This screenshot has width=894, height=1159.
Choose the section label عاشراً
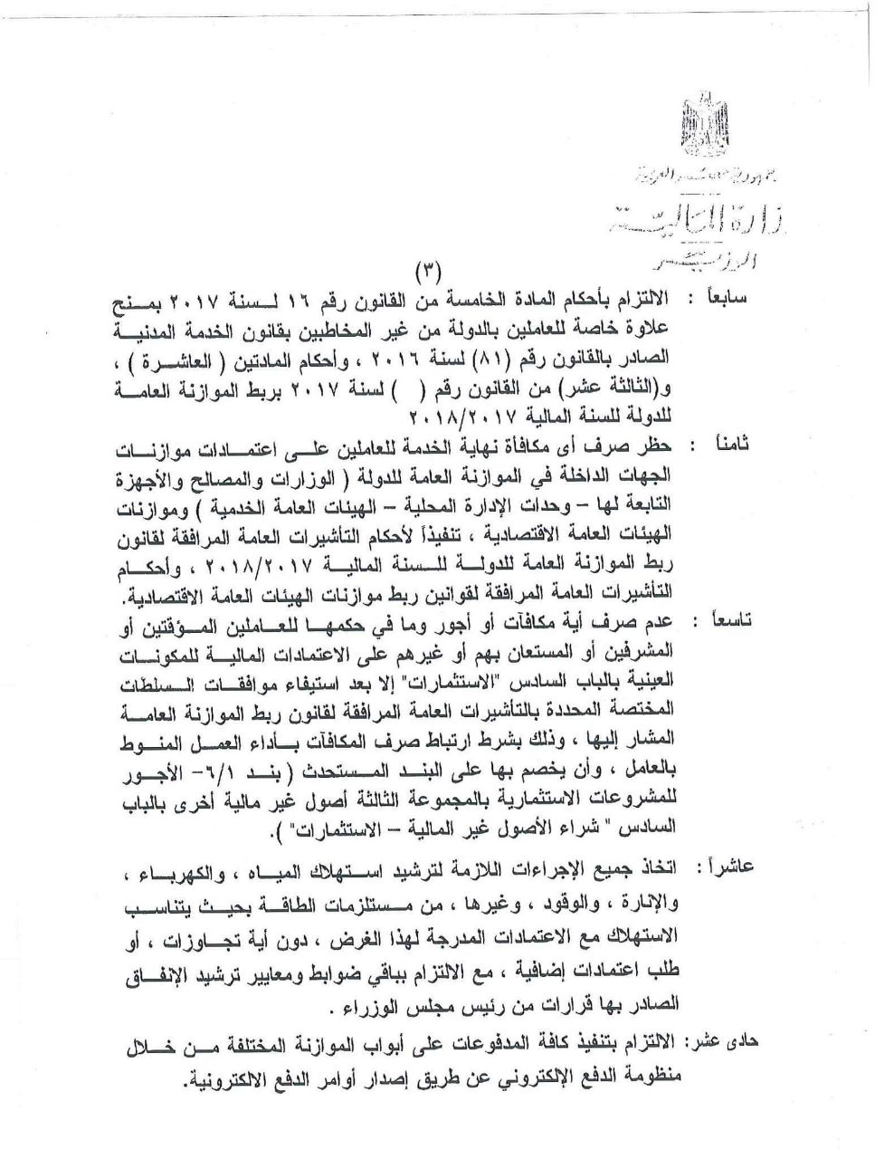point(728,868)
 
